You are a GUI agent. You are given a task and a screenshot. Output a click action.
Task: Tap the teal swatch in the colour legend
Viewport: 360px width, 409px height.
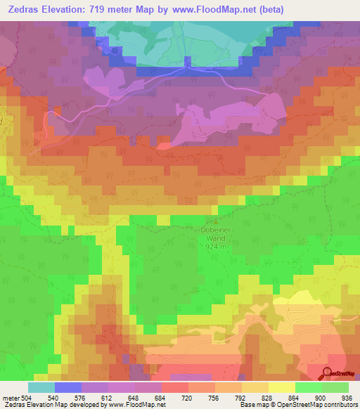41,387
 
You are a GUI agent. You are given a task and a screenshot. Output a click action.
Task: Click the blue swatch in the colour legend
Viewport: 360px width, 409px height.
67,387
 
